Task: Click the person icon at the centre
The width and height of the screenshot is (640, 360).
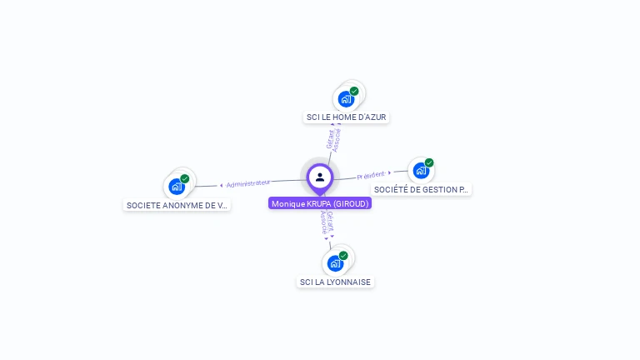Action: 320,177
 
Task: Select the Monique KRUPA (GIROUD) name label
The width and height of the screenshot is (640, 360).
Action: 320,203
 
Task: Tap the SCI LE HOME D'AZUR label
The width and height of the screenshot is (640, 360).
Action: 346,117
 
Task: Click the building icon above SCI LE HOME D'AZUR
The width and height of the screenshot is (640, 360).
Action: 345,99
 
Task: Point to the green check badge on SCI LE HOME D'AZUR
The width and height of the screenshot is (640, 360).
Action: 354,91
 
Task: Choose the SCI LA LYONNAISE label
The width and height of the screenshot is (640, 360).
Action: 335,282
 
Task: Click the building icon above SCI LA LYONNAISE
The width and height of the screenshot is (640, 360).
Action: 334,263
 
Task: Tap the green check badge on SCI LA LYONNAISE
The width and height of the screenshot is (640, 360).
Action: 343,255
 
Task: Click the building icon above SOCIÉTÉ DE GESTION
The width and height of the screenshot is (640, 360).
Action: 420,171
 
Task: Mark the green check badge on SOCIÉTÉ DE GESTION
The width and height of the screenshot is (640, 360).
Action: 429,162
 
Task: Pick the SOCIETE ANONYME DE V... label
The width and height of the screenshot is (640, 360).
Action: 176,205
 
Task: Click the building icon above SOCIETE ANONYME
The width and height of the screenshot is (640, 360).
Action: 176,187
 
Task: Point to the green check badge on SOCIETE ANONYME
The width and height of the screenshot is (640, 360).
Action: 185,178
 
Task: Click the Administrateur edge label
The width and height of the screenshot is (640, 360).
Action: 247,183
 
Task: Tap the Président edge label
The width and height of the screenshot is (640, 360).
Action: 372,175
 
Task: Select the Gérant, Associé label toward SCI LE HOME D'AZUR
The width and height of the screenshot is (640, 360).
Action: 332,139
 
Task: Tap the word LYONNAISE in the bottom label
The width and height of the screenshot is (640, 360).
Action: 349,282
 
